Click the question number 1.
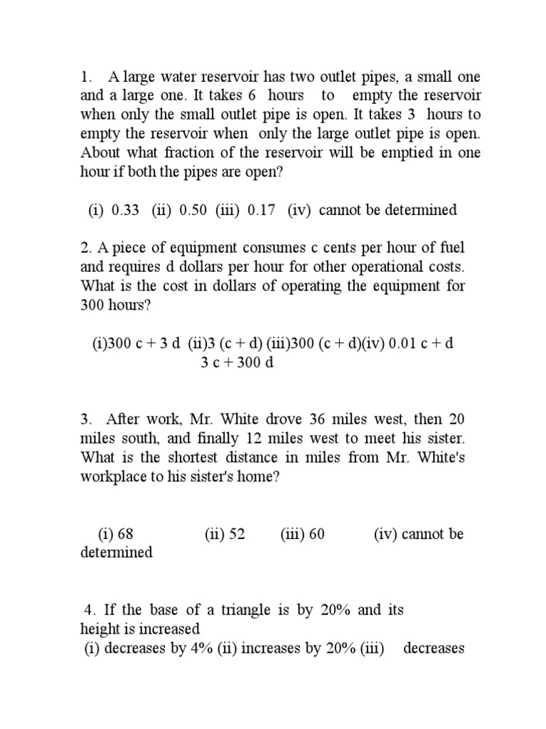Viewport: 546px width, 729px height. [84, 76]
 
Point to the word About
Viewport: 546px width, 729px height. [100, 152]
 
